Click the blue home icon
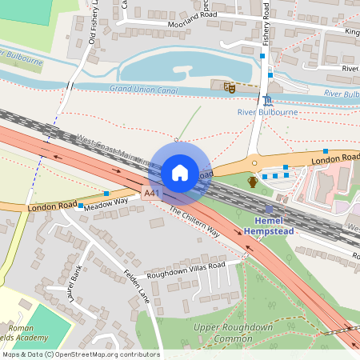coord(179,172)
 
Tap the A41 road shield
coord(151,194)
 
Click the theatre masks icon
coord(229,86)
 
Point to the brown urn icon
coord(253,182)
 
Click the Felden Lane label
coord(136,284)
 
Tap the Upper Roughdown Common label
coord(233,333)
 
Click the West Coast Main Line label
coord(112,150)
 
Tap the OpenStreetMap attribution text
coord(80,354)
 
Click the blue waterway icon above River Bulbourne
coord(267,100)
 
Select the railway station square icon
coord(268,209)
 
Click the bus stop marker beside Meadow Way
coord(106,194)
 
